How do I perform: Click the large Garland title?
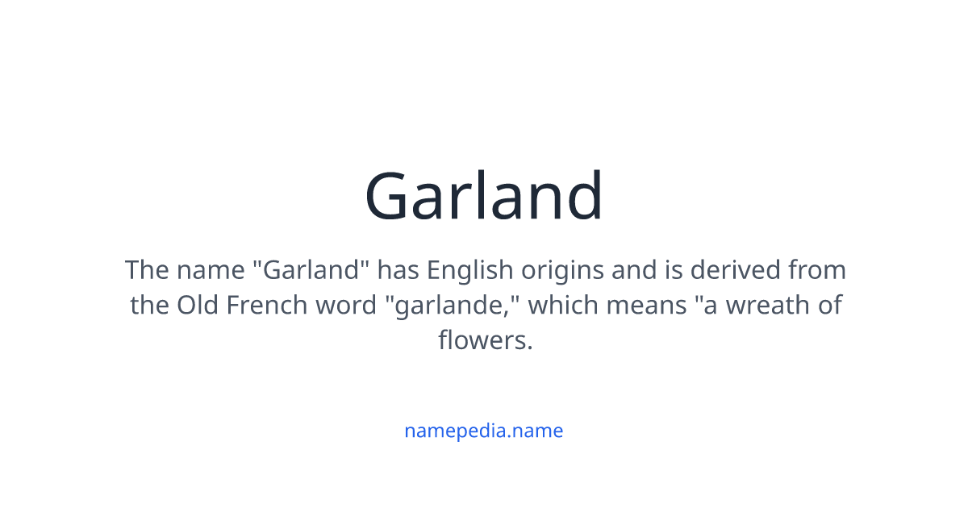click(x=484, y=196)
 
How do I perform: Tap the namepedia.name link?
click(x=483, y=431)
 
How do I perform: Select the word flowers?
click(x=484, y=340)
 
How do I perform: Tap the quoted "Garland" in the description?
click(x=311, y=269)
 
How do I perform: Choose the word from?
click(x=817, y=269)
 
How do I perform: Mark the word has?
click(x=398, y=269)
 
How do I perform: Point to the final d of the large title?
click(x=583, y=196)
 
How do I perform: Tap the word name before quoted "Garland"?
click(x=211, y=269)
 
